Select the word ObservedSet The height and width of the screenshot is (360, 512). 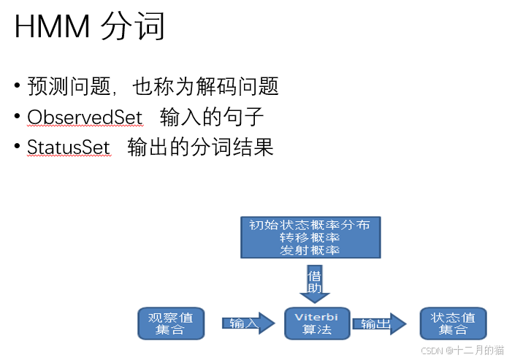[85, 117]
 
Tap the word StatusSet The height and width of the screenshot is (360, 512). [68, 148]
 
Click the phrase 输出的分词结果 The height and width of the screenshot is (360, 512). [200, 148]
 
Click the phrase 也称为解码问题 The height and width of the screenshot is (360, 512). [206, 87]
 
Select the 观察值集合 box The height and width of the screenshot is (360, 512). [170, 323]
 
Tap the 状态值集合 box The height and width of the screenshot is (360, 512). [453, 323]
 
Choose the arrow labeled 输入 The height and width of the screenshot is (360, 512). [245, 323]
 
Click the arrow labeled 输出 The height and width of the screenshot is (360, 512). [378, 323]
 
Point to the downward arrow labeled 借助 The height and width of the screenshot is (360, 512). [314, 284]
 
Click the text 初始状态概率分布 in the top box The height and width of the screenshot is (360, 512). [310, 225]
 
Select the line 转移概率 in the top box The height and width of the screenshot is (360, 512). [310, 237]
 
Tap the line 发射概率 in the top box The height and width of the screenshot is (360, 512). [310, 250]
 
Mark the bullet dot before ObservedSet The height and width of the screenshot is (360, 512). [17, 117]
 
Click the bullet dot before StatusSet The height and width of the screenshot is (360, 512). [17, 148]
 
